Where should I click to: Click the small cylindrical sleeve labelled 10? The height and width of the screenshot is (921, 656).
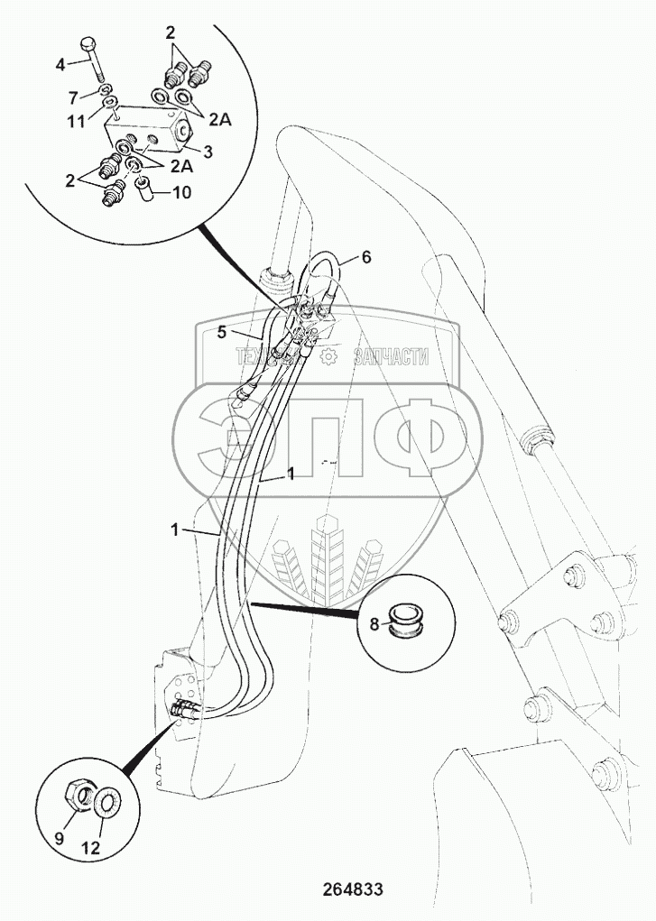click(143, 189)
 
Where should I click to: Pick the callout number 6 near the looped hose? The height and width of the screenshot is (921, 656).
click(366, 257)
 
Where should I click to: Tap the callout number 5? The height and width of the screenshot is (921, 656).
click(221, 332)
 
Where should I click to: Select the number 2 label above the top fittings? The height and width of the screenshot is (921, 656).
click(170, 33)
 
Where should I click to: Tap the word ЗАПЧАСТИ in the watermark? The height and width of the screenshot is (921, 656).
click(390, 357)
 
